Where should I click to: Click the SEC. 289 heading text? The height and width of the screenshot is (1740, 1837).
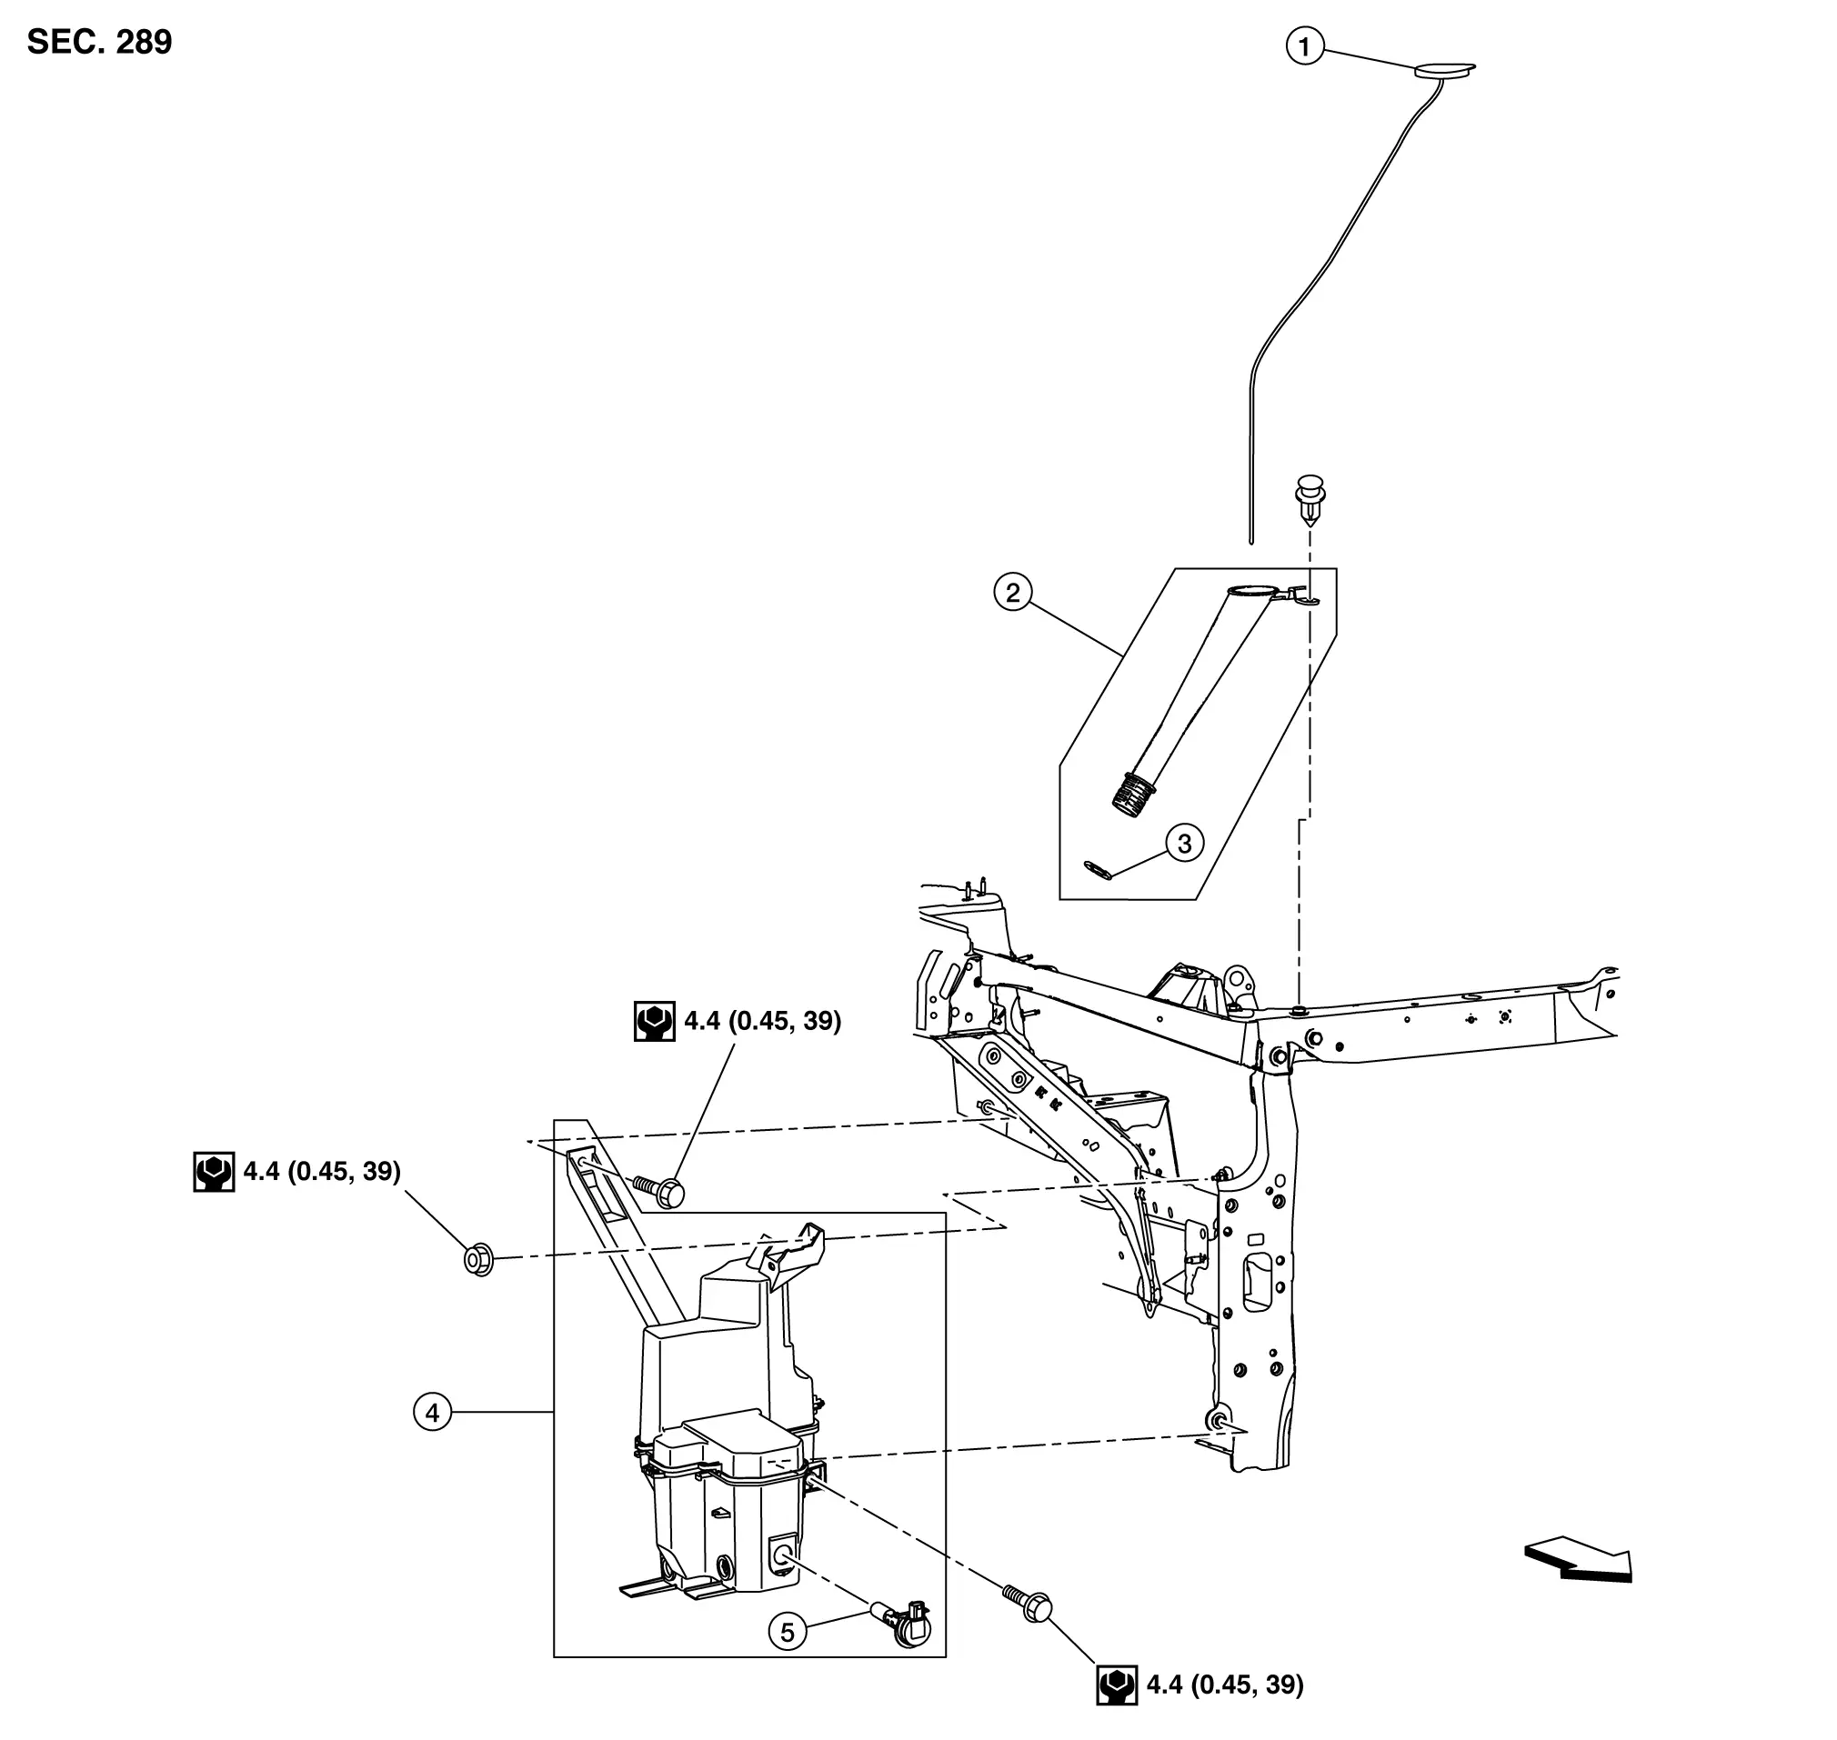click(x=99, y=43)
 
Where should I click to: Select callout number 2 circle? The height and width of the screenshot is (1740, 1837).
click(x=1013, y=592)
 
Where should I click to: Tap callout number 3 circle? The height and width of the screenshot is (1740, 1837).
click(x=1185, y=843)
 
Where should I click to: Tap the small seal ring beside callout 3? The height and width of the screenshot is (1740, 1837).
click(x=1099, y=869)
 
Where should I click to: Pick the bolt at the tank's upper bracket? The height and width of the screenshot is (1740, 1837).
click(x=658, y=1192)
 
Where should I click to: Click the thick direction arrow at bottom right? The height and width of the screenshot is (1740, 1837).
click(x=1578, y=1562)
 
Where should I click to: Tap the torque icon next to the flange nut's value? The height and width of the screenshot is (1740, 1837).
click(x=214, y=1173)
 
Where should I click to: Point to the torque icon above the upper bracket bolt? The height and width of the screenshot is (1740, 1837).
click(x=654, y=1021)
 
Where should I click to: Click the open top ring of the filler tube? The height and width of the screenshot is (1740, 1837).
click(x=1251, y=590)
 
